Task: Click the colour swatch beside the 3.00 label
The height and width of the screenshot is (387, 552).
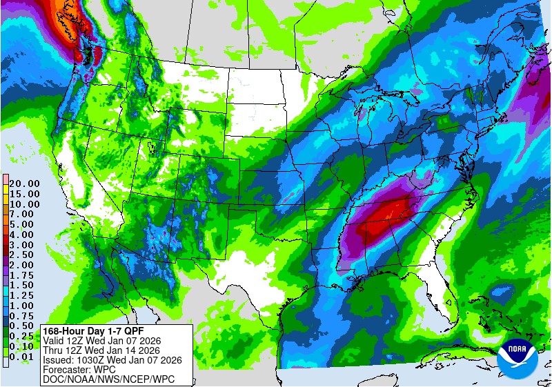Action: pyautogui.click(x=5, y=244)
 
